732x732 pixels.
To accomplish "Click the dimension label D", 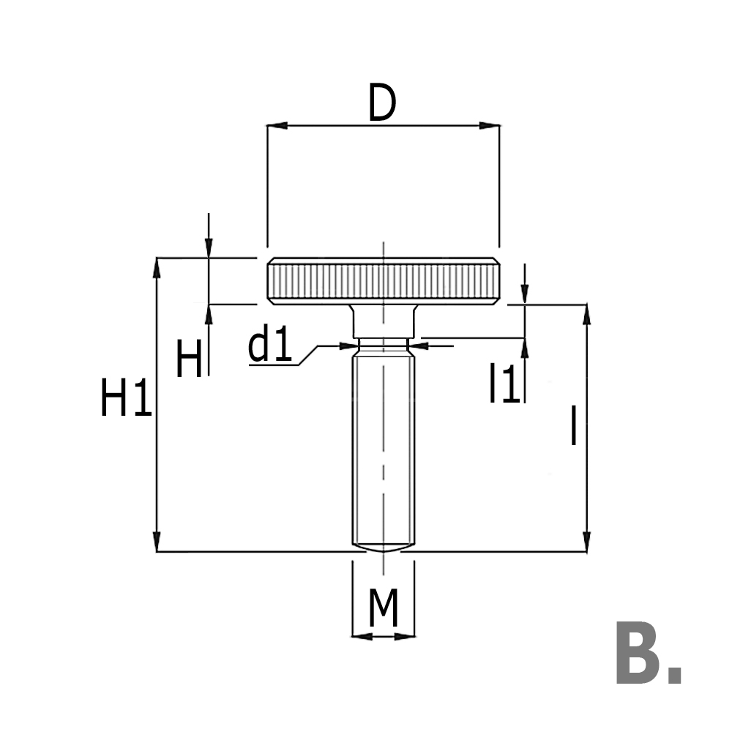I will click(x=382, y=105).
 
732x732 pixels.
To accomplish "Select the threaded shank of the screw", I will click(x=383, y=447).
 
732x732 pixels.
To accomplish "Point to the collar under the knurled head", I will click(x=383, y=320).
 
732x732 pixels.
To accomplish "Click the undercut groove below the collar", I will click(x=383, y=343).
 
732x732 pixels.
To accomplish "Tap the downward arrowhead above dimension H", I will click(x=209, y=250).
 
